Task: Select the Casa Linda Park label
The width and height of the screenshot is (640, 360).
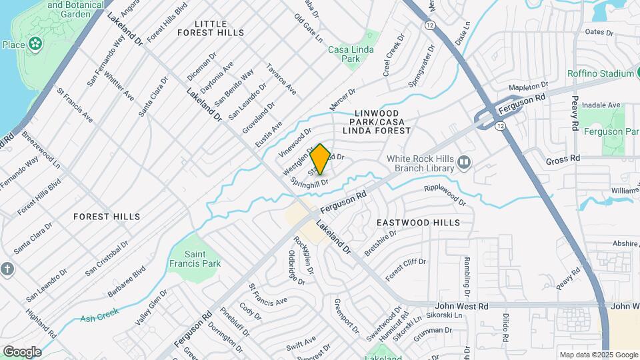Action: (351, 54)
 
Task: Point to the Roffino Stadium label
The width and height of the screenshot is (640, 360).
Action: (600, 73)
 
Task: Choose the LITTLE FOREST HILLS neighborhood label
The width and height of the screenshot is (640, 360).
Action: (210, 28)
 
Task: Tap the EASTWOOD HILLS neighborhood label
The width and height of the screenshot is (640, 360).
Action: (418, 222)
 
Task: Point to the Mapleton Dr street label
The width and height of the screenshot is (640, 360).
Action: (527, 87)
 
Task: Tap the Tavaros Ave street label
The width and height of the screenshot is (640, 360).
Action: (281, 79)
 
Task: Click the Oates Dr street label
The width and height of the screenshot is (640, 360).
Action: (599, 31)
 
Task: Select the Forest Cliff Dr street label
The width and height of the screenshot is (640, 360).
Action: (405, 269)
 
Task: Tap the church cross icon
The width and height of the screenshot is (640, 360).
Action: (7, 269)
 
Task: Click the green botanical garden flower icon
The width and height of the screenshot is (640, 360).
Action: (35, 45)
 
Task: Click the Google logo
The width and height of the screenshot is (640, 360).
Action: (22, 351)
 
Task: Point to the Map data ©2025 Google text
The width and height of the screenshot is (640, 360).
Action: (599, 355)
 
